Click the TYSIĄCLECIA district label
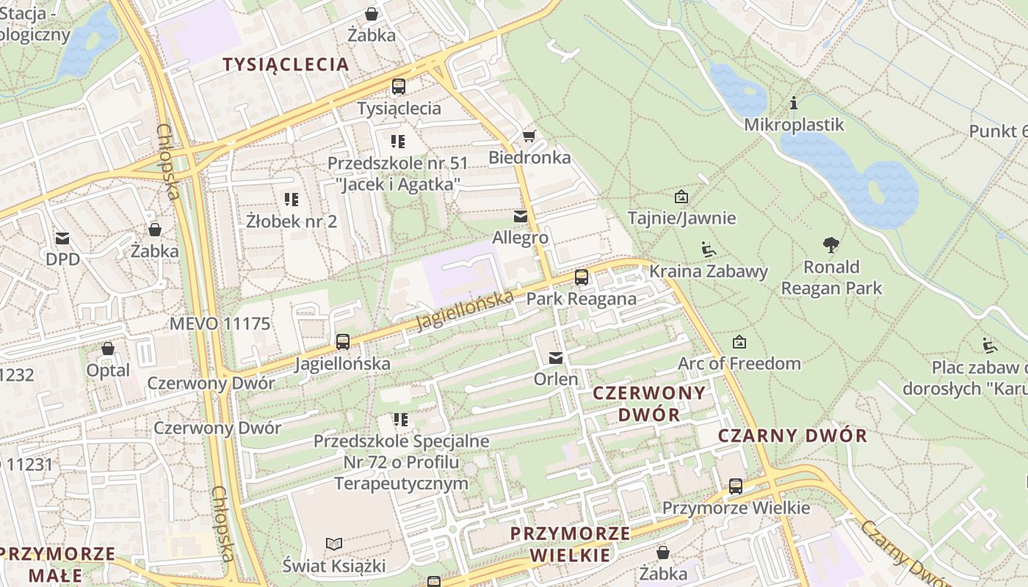[286, 65]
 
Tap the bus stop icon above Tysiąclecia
[399, 87]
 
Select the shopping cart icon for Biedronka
[529, 136]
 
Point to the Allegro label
[520, 238]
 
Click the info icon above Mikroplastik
[793, 103]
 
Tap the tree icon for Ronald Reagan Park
[831, 244]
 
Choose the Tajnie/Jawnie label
[681, 218]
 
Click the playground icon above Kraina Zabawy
[708, 250]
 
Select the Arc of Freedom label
[739, 363]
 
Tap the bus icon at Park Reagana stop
[582, 277]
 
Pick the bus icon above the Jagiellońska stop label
[342, 341]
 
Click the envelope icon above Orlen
[556, 358]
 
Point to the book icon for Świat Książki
[334, 544]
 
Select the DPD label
[62, 259]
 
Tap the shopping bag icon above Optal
[108, 349]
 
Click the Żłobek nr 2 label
[292, 221]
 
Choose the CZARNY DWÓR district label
[792, 435]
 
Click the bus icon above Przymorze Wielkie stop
[736, 486]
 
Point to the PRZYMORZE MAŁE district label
[57, 563]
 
